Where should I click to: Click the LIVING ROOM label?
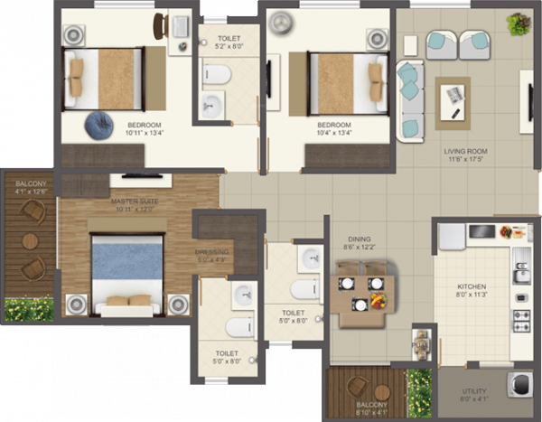[x=465, y=151]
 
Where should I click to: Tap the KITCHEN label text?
[x=471, y=288]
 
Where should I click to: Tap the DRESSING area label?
[x=212, y=252]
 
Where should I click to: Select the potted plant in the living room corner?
[x=519, y=23]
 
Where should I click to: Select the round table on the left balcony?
[x=31, y=241]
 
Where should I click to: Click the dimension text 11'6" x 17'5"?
[x=465, y=160]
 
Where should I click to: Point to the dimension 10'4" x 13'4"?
[x=333, y=134]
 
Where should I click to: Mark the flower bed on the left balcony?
[x=29, y=309]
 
